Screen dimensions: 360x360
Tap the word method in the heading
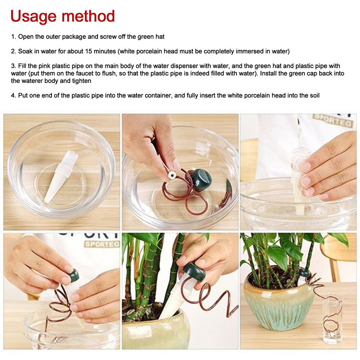88,16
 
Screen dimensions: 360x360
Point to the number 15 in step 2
89,51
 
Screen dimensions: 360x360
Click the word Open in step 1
25,36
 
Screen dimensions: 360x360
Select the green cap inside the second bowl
201,179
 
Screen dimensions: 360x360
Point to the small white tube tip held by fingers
172,175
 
